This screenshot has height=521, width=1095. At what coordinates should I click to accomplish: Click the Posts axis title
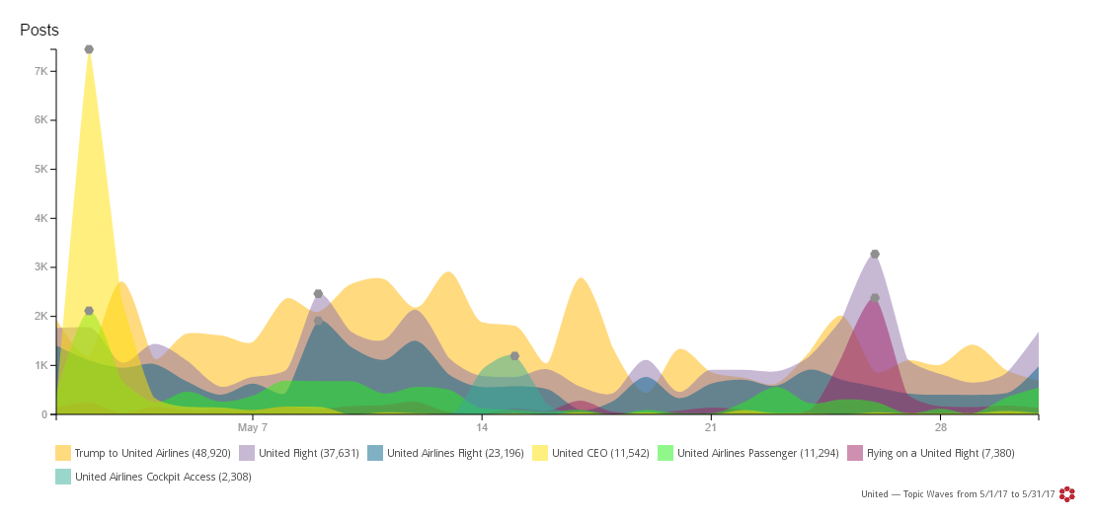coord(39,31)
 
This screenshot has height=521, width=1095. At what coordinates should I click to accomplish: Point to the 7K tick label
coord(41,71)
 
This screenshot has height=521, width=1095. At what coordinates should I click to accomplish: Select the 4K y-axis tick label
coord(41,218)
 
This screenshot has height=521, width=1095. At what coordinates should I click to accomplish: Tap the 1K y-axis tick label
coord(41,365)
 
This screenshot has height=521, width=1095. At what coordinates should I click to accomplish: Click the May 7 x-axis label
coord(253,427)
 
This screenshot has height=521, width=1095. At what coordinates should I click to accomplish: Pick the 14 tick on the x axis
coord(482,427)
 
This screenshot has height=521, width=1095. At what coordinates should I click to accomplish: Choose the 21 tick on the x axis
coord(711,427)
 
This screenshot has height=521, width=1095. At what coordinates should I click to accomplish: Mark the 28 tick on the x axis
coord(940,427)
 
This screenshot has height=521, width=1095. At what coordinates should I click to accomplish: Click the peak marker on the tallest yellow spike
coord(89,49)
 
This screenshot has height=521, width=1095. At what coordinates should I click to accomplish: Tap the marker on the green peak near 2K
coord(89,311)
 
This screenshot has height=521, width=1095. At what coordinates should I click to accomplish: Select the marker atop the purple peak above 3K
coord(875,255)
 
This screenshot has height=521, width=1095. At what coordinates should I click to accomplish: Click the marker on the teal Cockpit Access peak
coord(514,356)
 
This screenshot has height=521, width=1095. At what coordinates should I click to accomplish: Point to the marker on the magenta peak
coord(875,298)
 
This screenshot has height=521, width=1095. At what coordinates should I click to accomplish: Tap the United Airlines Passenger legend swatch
coord(665,453)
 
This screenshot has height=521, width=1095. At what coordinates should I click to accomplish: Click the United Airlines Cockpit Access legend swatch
coord(63,477)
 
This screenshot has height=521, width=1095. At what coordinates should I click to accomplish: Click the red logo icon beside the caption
coord(1067,493)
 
